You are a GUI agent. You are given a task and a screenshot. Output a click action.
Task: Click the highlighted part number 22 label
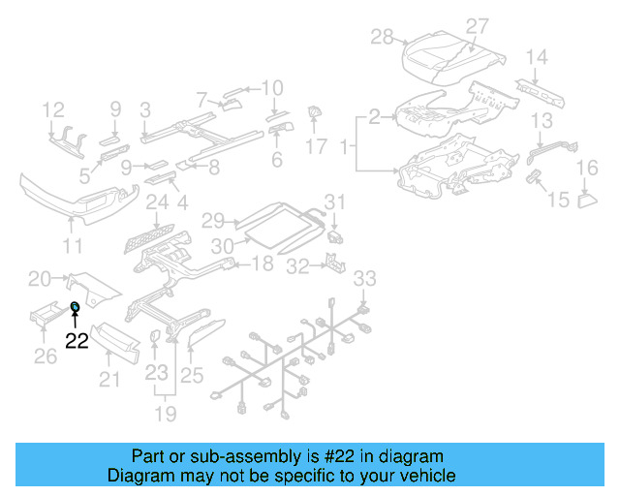point(77,339)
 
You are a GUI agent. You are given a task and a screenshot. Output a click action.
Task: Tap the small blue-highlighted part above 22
point(75,308)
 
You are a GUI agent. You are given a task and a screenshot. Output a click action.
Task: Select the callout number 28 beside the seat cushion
point(383,37)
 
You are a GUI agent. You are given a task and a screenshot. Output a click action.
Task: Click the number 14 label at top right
point(537,56)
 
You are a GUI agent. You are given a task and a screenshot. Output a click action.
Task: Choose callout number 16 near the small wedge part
point(588,170)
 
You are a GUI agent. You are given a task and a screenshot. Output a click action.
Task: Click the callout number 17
point(317,147)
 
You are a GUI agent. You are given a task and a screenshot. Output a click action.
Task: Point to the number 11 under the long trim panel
point(73,246)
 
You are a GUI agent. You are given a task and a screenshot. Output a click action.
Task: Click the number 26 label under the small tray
point(45,357)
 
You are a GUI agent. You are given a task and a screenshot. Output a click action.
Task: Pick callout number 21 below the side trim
point(110,379)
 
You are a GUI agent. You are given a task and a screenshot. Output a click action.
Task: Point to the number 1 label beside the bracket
point(341,148)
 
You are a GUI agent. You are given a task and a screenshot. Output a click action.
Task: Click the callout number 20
point(40,279)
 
